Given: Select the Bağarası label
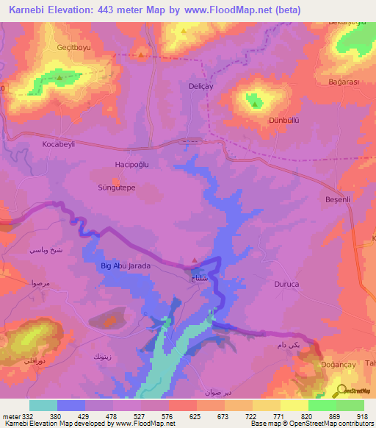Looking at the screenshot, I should click(x=343, y=82).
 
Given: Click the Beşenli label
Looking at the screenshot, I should click(x=339, y=199).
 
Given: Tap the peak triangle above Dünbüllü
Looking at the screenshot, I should click(x=254, y=104).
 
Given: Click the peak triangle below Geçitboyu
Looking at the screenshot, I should click(x=59, y=76).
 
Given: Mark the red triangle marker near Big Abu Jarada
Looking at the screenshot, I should click(x=194, y=259).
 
